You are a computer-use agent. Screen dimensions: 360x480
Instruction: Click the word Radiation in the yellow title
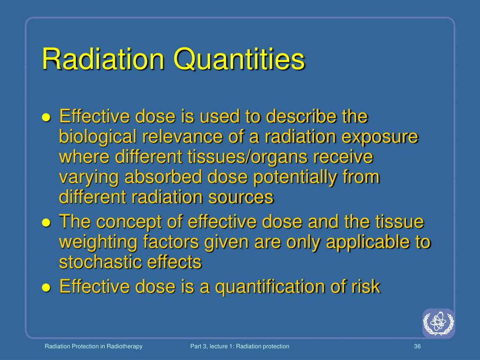click(x=103, y=60)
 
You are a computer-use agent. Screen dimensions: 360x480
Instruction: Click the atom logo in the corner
click(x=438, y=323)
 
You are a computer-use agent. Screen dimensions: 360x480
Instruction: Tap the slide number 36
click(x=417, y=346)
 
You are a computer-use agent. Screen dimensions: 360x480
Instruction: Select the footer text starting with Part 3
click(x=240, y=346)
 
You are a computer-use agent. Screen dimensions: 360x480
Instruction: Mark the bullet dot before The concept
click(x=46, y=223)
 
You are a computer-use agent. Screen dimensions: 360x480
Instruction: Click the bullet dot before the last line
click(x=46, y=287)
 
